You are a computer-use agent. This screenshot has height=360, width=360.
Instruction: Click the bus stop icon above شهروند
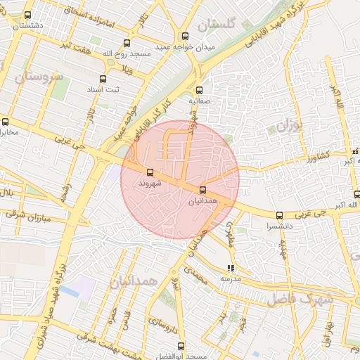click(x=149, y=172)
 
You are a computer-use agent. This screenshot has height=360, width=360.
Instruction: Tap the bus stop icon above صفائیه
click(x=199, y=90)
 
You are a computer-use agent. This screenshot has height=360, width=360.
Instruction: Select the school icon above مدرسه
click(x=231, y=268)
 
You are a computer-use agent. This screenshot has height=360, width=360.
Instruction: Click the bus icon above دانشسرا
click(x=280, y=216)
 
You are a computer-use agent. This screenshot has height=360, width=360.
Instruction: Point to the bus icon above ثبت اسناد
click(x=103, y=79)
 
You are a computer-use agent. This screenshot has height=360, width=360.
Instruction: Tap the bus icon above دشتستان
click(x=27, y=15)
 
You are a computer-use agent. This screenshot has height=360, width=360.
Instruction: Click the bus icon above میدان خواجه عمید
click(x=185, y=37)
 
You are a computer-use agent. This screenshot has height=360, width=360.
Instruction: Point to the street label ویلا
click(x=127, y=69)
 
